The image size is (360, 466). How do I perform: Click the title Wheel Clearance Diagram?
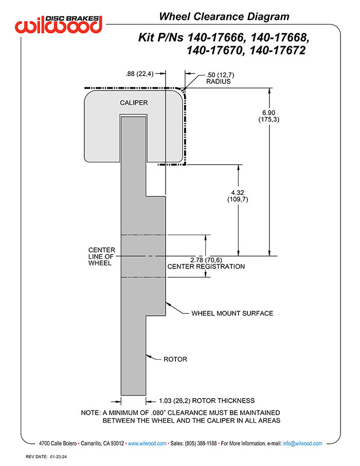point(224,16)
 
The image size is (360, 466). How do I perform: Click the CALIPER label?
point(134,103)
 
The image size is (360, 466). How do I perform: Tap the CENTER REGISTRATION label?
point(206,266)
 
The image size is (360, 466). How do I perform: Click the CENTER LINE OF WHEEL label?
point(101,256)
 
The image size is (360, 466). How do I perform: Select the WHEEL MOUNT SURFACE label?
point(232,313)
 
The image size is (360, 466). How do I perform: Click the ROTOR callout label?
point(175,359)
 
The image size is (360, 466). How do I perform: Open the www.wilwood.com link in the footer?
point(147,443)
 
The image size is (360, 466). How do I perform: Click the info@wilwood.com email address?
point(302,443)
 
